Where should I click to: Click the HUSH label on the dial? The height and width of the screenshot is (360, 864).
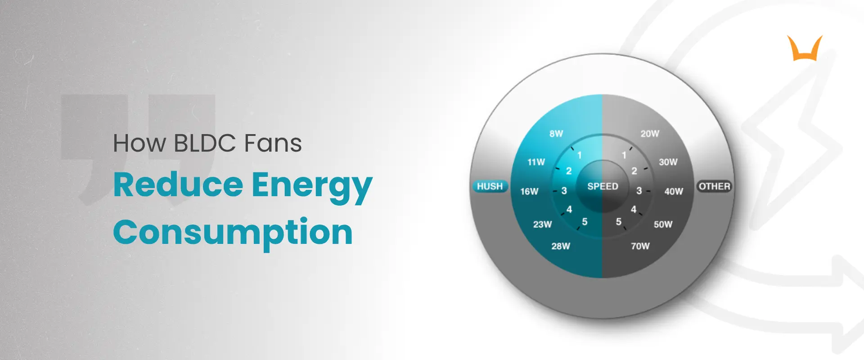[x=490, y=186]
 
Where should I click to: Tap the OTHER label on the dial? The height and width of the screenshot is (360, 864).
[x=714, y=186]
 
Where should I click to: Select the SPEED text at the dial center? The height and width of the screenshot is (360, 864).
[x=603, y=186]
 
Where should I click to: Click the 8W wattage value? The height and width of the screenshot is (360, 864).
[x=556, y=134]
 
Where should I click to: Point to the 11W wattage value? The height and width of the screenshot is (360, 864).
[x=536, y=162]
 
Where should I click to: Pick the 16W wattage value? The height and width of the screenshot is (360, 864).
[x=529, y=191]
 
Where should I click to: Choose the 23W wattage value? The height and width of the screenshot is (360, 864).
[x=542, y=224]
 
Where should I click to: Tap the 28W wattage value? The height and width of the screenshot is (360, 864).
[x=561, y=246]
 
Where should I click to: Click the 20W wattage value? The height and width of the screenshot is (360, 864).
[x=650, y=134]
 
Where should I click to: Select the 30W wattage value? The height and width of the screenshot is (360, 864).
[x=668, y=162]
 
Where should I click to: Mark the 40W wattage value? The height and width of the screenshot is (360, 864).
[x=674, y=191]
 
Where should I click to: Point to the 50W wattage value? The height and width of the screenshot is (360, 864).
[x=663, y=224]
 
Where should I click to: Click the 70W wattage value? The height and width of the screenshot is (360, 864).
[x=640, y=246]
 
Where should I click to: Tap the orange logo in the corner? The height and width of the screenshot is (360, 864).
[x=805, y=49]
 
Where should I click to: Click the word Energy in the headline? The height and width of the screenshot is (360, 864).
[x=311, y=185]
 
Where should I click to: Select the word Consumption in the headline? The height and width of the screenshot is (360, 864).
[x=233, y=233]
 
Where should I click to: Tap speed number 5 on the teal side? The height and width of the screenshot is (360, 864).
[x=585, y=221]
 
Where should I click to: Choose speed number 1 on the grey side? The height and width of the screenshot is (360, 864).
[x=624, y=155]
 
